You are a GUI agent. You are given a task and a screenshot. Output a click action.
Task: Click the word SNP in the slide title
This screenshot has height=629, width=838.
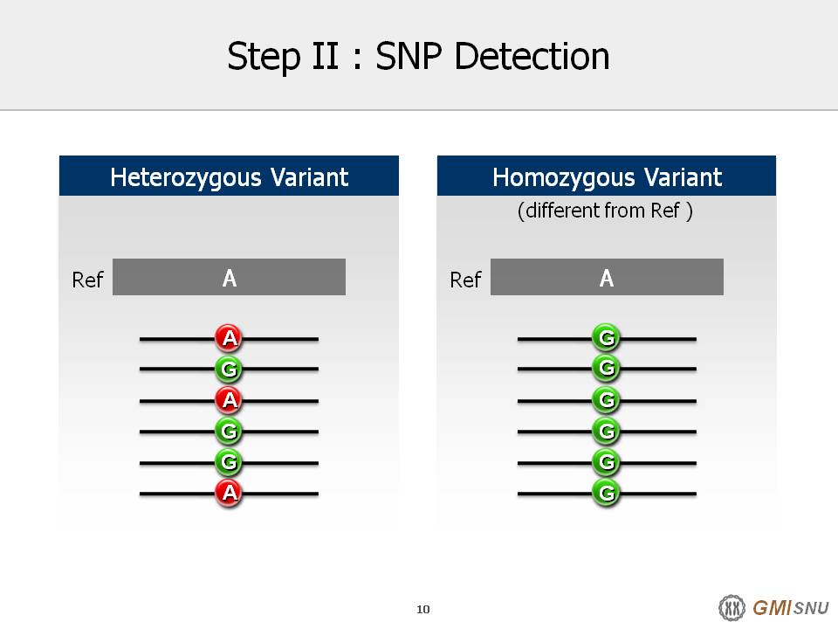(x=409, y=56)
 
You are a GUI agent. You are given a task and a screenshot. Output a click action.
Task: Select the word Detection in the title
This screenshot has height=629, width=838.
(x=532, y=56)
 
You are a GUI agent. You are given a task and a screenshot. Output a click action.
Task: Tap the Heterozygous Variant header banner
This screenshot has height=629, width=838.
(x=229, y=176)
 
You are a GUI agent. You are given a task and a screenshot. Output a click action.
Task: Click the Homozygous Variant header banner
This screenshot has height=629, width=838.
(x=607, y=176)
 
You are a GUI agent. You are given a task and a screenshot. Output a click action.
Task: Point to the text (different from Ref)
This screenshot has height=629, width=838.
(x=605, y=211)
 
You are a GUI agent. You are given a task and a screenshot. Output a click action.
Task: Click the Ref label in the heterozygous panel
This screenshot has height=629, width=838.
(x=87, y=280)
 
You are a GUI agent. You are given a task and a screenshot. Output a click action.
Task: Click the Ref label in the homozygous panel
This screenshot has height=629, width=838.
(x=465, y=280)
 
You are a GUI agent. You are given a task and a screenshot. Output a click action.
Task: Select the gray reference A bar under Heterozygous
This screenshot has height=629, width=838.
(x=229, y=277)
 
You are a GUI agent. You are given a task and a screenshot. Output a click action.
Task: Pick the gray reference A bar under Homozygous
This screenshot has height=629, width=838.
(x=608, y=277)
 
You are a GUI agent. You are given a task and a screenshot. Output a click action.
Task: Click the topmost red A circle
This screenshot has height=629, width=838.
(x=229, y=338)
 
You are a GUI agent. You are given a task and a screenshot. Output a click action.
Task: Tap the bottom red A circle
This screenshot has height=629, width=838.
(x=229, y=492)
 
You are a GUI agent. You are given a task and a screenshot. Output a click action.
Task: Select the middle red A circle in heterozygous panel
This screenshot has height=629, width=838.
(x=229, y=399)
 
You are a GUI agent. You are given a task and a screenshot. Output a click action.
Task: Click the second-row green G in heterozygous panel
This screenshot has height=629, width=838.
(x=229, y=369)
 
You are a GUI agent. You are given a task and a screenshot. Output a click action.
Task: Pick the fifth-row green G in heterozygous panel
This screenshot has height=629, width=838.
(x=229, y=461)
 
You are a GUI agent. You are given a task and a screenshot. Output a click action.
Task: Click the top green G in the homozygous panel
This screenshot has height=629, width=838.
(x=607, y=337)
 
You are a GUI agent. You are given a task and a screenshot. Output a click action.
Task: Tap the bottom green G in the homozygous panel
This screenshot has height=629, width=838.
(x=607, y=492)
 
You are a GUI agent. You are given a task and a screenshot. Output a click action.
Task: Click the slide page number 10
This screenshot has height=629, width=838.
(x=422, y=609)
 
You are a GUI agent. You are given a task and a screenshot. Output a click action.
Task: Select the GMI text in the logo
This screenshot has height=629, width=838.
(x=773, y=608)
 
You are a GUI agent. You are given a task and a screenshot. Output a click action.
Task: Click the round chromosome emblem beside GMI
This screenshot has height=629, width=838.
(x=732, y=608)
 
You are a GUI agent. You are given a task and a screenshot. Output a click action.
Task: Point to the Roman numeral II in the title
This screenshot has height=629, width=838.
(x=325, y=56)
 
